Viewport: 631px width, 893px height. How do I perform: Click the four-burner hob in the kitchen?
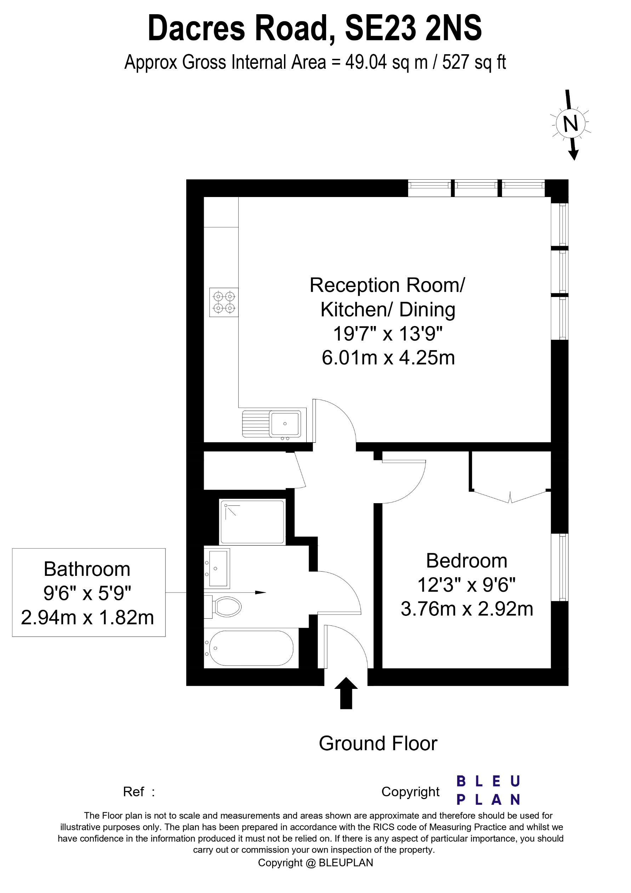(x=224, y=302)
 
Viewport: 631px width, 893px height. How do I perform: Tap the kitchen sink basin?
(x=285, y=423)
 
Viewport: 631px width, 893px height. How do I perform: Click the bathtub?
(x=251, y=648)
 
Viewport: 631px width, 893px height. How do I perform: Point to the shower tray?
(x=252, y=522)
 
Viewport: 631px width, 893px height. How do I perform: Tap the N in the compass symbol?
(x=570, y=124)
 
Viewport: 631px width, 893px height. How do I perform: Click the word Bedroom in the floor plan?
(x=467, y=561)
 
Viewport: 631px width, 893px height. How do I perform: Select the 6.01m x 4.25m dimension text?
(x=388, y=358)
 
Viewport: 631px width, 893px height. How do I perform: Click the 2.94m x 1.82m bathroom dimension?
(x=87, y=618)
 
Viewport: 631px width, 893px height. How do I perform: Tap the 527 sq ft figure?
(x=474, y=62)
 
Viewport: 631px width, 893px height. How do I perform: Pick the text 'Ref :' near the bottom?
(x=139, y=792)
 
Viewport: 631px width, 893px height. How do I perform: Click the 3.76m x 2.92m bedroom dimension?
(x=467, y=609)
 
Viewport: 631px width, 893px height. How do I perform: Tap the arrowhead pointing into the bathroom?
(x=261, y=592)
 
